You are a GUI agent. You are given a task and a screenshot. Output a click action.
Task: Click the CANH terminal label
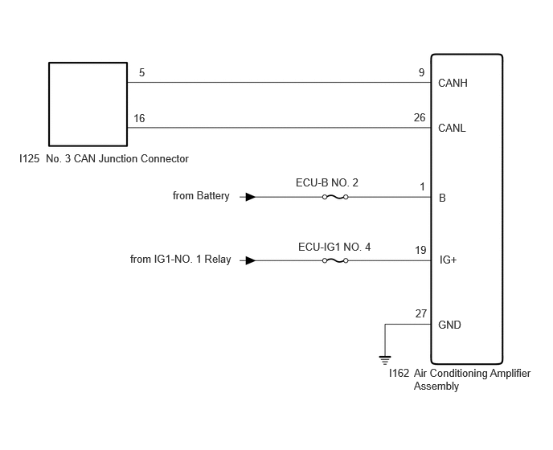(453, 83)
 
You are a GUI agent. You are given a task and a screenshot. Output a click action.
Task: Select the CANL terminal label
(452, 128)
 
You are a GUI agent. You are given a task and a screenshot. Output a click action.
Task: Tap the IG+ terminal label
(448, 260)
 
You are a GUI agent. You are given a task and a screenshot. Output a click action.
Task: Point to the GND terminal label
(449, 325)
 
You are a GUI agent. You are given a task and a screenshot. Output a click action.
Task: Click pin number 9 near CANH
(421, 72)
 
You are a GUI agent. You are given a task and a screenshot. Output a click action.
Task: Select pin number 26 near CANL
(420, 117)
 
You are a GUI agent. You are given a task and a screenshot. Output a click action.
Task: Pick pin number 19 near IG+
(420, 250)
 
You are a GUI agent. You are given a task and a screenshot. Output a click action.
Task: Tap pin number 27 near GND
(420, 313)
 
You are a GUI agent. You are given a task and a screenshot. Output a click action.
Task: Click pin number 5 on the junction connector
(141, 72)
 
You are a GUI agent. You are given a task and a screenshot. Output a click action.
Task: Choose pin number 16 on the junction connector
(139, 118)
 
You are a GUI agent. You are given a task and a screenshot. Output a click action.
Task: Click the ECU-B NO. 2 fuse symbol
(335, 197)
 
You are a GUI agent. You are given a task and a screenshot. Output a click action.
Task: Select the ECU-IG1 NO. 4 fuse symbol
(335, 260)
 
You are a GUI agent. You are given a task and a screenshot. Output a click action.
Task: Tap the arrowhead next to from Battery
(251, 197)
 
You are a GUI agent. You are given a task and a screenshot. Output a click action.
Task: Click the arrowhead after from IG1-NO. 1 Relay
(251, 260)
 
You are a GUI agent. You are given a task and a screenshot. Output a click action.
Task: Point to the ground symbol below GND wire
(385, 360)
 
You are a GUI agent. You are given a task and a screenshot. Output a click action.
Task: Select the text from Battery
(201, 196)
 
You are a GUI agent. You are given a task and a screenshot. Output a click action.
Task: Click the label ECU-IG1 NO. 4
(334, 247)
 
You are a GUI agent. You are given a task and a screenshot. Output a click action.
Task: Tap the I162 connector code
(399, 373)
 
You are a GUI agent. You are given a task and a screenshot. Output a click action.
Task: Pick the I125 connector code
(29, 158)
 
